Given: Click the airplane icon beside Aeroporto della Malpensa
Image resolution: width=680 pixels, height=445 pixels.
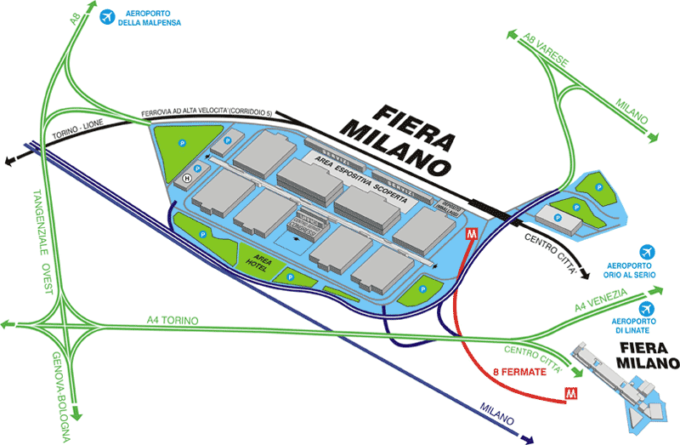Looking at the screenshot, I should pyautogui.click(x=108, y=17).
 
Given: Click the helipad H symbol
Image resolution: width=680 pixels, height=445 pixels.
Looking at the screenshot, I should pyautogui.click(x=188, y=178).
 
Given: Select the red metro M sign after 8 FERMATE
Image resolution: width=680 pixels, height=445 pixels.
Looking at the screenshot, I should pyautogui.click(x=571, y=393).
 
